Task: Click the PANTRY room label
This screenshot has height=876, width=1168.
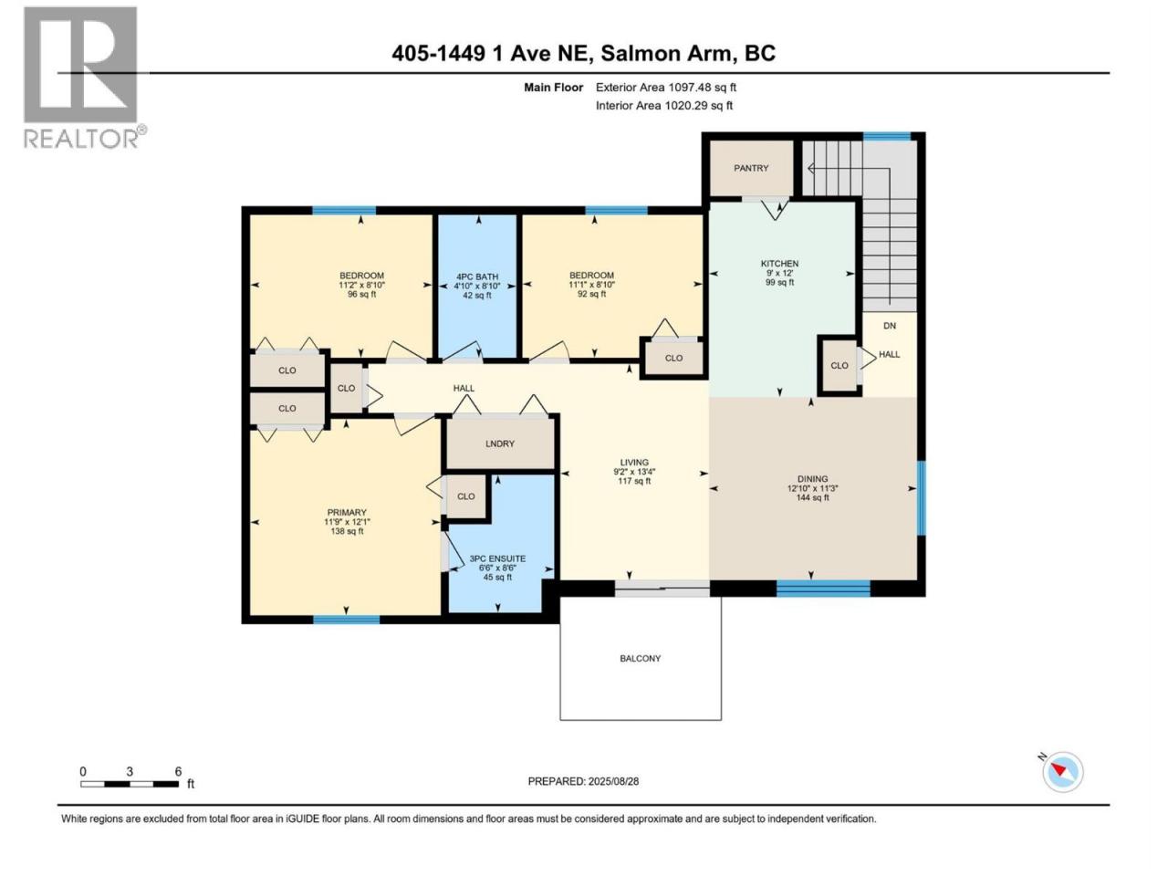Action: (751, 168)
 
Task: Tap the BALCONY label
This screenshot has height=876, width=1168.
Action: (641, 659)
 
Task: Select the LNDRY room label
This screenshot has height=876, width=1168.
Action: (500, 443)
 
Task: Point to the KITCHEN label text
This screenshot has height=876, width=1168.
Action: (779, 264)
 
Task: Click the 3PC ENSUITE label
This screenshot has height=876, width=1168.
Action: (497, 558)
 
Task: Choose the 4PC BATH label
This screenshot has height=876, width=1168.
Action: (477, 276)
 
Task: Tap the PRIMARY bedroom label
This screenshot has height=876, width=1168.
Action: (347, 512)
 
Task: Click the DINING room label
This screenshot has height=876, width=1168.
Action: (812, 479)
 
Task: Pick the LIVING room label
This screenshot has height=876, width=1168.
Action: (634, 463)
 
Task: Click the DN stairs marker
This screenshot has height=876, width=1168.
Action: (890, 326)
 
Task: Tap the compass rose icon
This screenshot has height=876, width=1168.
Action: (1061, 772)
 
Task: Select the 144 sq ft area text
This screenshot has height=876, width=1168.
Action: (812, 498)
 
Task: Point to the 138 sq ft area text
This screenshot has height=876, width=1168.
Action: (347, 531)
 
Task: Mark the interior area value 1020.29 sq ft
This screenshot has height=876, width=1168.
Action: (699, 105)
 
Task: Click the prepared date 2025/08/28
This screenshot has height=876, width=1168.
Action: (613, 781)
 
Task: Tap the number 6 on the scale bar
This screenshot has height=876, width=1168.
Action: (178, 771)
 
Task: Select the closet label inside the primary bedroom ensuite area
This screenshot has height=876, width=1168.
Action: (465, 496)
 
